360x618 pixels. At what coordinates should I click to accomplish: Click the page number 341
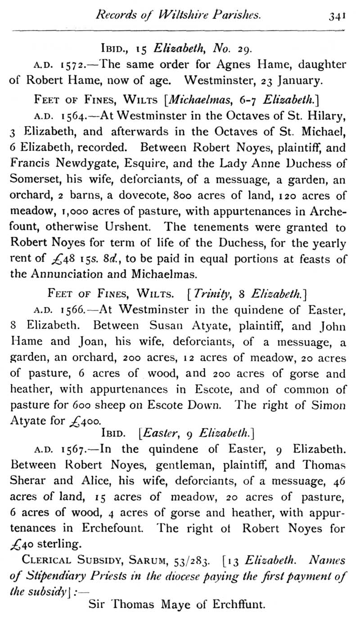tap(337, 16)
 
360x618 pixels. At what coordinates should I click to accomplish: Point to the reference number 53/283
tap(197, 561)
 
